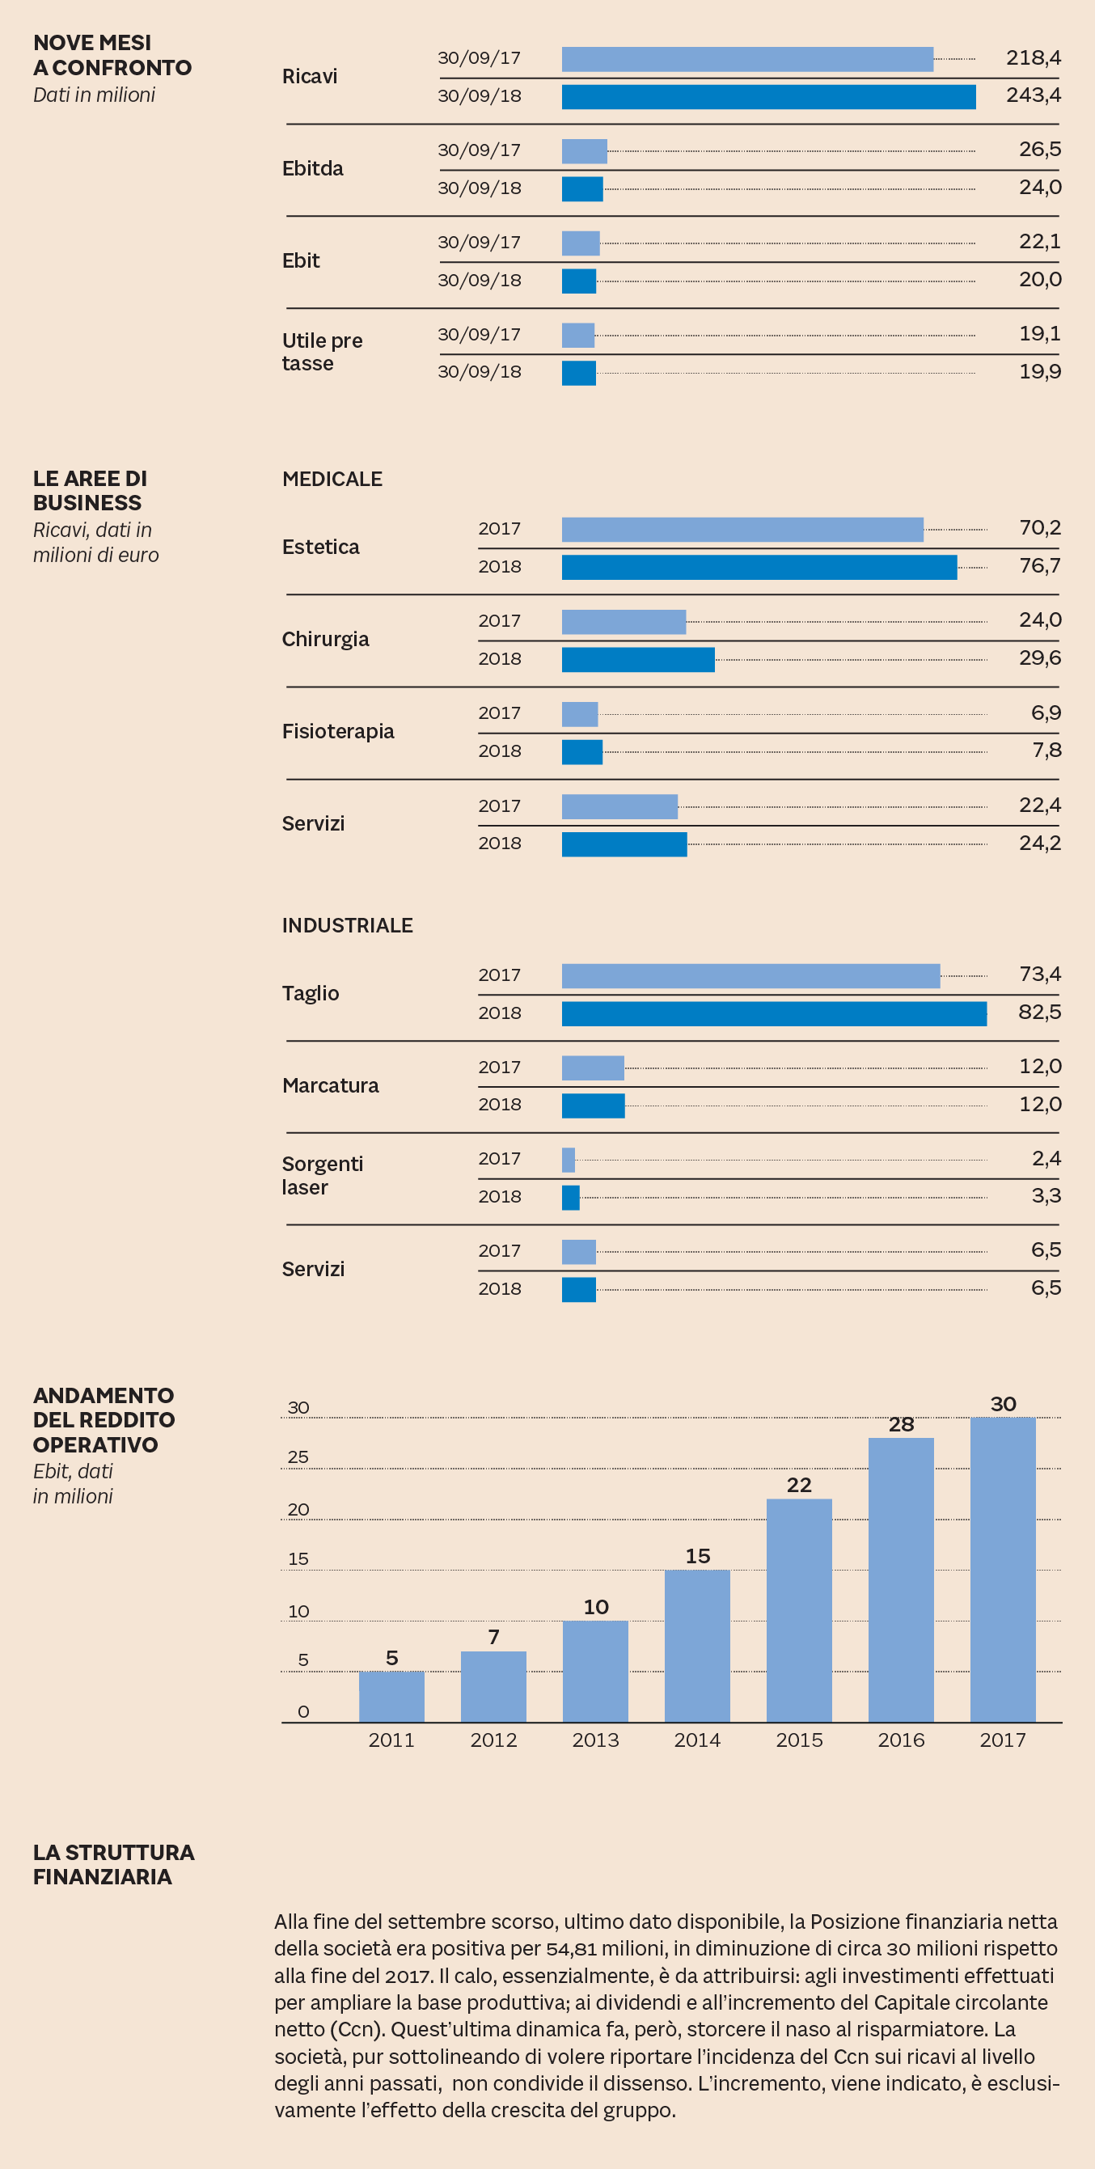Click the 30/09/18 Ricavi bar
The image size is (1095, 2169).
point(768,97)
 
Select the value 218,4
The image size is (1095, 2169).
point(1033,58)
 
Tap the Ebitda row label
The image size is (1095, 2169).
point(312,168)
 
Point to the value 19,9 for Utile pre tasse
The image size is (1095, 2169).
point(1039,371)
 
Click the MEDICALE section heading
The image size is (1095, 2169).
point(332,479)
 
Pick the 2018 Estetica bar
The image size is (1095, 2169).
point(759,568)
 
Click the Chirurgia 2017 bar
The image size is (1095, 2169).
point(624,622)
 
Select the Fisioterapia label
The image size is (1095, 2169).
point(338,731)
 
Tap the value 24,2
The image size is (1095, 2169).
point(1039,843)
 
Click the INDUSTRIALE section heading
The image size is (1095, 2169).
point(347,925)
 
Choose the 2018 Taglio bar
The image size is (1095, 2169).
point(773,1014)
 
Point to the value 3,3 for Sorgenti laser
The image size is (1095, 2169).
point(1046,1195)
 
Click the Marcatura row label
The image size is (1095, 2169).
point(330,1085)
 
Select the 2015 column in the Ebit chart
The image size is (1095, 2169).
point(798,1610)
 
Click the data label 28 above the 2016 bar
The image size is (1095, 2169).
point(900,1425)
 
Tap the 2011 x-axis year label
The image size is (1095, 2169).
point(391,1740)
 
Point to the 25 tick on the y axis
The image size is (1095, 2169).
point(298,1457)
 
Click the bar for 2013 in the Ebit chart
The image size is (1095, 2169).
point(594,1671)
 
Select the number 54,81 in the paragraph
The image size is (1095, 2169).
point(571,1948)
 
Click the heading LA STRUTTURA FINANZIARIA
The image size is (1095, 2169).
point(113,1864)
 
